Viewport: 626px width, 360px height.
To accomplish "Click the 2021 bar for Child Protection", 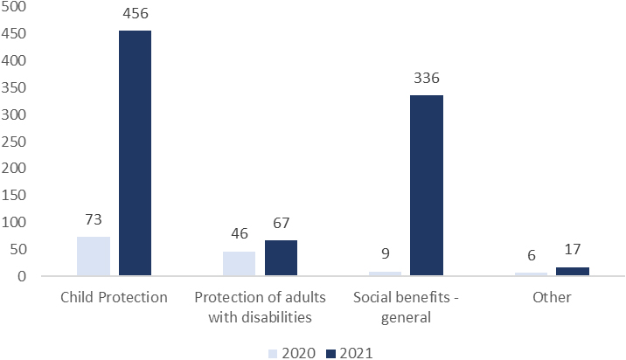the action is click(x=135, y=153).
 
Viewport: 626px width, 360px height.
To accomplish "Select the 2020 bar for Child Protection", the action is click(x=94, y=256).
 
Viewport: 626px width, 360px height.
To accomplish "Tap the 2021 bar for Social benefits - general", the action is click(x=427, y=185).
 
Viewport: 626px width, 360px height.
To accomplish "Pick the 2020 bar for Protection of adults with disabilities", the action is click(x=240, y=263).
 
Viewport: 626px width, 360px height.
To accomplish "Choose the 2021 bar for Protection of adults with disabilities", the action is click(x=281, y=258).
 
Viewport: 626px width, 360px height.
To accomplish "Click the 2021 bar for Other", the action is click(x=573, y=272).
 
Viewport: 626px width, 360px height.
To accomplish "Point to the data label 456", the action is click(x=136, y=14).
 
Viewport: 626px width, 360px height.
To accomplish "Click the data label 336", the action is click(x=427, y=78).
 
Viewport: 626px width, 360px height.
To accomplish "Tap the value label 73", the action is click(x=94, y=219).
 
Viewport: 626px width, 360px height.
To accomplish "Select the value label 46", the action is click(x=240, y=233).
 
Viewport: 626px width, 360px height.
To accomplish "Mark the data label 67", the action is click(x=281, y=223).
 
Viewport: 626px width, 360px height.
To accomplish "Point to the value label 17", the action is click(x=573, y=249).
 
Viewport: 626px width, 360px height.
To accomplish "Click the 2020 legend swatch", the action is click(x=273, y=354).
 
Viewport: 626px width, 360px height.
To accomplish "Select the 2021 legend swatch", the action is click(x=331, y=354).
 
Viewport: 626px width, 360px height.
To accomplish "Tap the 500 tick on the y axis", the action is click(x=14, y=6).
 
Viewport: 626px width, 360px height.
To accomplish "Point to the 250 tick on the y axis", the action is click(x=14, y=142).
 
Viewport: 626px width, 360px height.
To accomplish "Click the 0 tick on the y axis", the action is click(x=22, y=276).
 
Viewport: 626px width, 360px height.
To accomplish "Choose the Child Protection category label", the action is click(x=114, y=297).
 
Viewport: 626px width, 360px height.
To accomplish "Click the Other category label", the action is click(x=552, y=297).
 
